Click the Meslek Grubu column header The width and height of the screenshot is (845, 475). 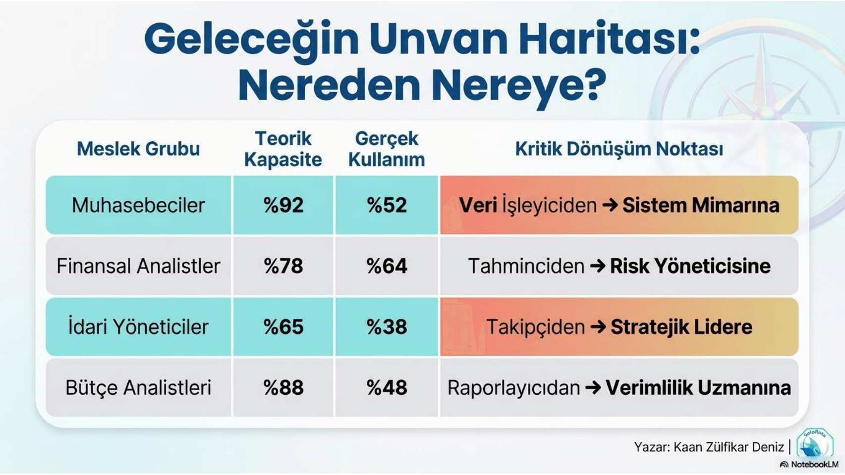pyautogui.click(x=138, y=149)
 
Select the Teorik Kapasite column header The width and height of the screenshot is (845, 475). pyautogui.click(x=283, y=149)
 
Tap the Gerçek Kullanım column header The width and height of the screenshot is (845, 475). pyautogui.click(x=387, y=149)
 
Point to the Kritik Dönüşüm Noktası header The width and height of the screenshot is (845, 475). pyautogui.click(x=619, y=149)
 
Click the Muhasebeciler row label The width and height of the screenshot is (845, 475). pyautogui.click(x=138, y=205)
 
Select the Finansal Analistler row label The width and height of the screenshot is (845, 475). pyautogui.click(x=138, y=266)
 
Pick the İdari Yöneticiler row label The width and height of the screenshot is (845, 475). pyautogui.click(x=138, y=327)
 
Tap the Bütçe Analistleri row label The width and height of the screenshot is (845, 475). pyautogui.click(x=138, y=388)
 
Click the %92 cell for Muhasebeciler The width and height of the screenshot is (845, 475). pyautogui.click(x=283, y=205)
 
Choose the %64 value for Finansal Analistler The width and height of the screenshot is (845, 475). pyautogui.click(x=387, y=266)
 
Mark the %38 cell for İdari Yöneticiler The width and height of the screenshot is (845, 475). pyautogui.click(x=387, y=327)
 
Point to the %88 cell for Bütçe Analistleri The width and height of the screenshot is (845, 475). pyautogui.click(x=283, y=388)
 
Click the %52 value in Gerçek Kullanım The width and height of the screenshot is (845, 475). pyautogui.click(x=387, y=205)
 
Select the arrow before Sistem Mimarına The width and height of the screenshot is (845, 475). pyautogui.click(x=610, y=205)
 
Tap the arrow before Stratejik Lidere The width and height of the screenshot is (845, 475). pyautogui.click(x=598, y=327)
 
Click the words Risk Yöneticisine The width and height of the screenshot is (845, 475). pyautogui.click(x=690, y=266)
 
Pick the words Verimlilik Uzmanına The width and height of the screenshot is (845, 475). pyautogui.click(x=698, y=388)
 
